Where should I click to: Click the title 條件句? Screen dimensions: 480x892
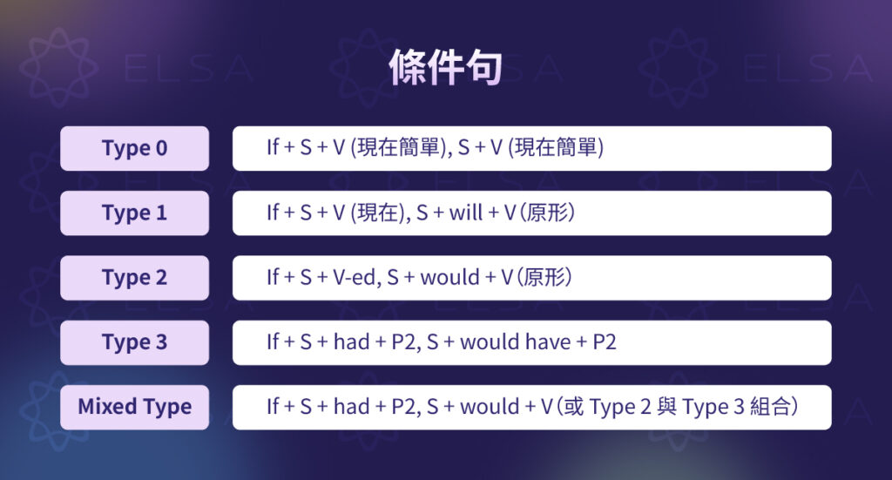445,66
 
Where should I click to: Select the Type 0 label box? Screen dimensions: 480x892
134,148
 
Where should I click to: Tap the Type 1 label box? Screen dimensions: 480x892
134,213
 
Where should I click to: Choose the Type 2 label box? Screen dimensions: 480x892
134,278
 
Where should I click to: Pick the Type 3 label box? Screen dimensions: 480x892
134,342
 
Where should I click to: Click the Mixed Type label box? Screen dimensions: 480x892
134,407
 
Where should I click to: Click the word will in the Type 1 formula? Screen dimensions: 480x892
465,213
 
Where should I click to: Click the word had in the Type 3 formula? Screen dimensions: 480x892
351,342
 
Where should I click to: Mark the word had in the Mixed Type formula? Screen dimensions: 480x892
351,407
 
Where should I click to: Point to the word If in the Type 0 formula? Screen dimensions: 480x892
273,148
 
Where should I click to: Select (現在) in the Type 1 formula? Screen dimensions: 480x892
377,213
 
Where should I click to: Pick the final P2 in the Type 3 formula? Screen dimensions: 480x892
604,342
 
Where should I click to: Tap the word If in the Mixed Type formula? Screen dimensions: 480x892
273,407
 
